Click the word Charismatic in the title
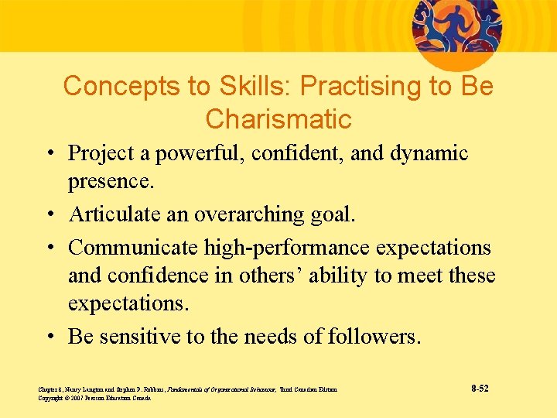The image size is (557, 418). click(278, 119)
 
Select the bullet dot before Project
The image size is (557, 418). click(48, 154)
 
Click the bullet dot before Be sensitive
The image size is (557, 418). click(48, 337)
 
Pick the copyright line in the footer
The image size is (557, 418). click(94, 398)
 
